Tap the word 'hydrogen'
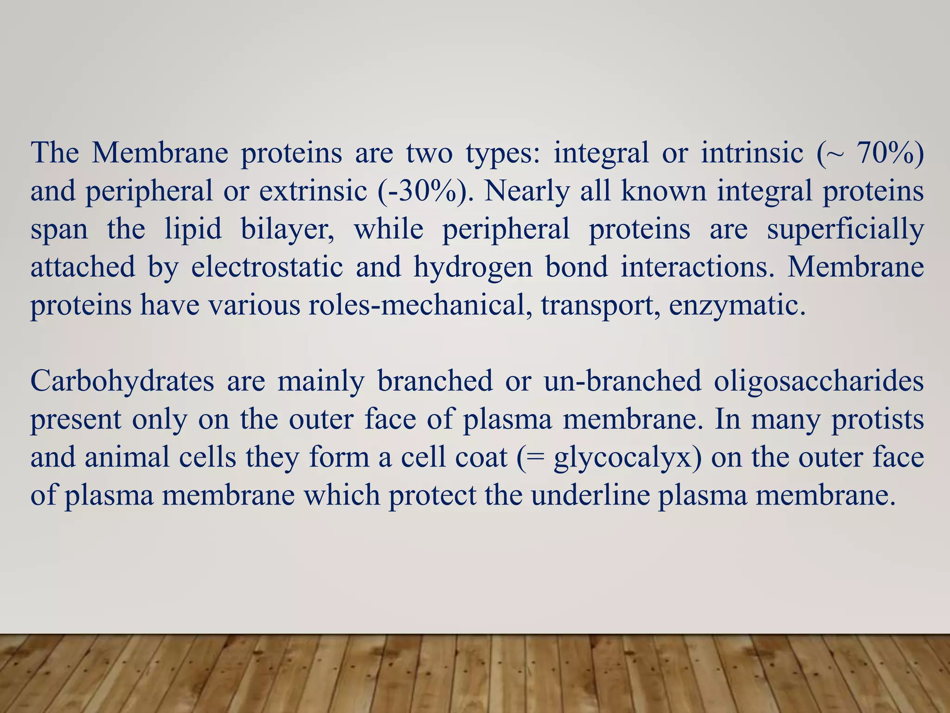tap(473, 268)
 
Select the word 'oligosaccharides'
tap(819, 382)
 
